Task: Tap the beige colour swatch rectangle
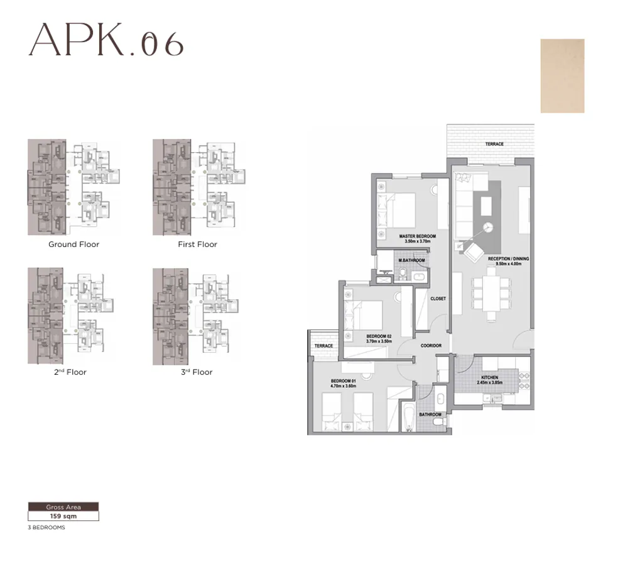point(562,76)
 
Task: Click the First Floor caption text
point(197,245)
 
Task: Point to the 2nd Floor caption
point(70,372)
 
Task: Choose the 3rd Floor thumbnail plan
point(197,316)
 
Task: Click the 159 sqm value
point(63,516)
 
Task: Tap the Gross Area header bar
point(63,507)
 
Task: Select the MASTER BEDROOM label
point(417,237)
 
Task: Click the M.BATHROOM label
point(411,260)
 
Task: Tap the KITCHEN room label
point(489,378)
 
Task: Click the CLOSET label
point(438,299)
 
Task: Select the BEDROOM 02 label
point(379,336)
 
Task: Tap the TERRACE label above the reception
point(494,144)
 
